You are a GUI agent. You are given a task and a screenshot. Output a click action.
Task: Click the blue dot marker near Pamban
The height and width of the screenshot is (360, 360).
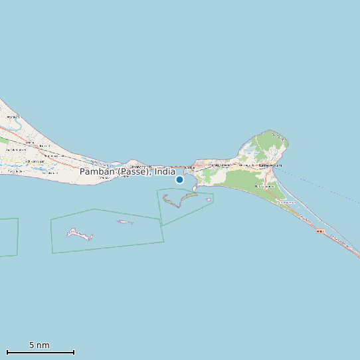point(179,179)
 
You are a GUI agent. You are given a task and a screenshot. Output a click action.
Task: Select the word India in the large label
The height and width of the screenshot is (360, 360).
point(165,171)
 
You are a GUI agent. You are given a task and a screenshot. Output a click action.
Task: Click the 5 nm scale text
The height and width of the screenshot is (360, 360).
point(39,345)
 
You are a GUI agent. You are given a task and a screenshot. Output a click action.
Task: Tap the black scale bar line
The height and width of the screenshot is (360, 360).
point(40,352)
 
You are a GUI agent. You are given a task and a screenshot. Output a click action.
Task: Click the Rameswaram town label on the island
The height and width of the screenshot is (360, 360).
point(270,165)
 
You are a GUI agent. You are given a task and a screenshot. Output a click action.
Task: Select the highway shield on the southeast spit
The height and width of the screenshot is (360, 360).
point(319,231)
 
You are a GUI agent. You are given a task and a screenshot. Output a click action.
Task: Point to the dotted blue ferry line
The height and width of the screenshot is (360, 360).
point(319,186)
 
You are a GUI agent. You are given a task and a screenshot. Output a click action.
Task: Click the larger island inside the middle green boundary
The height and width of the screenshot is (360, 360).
point(79,234)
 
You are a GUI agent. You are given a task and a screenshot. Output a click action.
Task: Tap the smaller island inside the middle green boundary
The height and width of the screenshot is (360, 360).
point(124,222)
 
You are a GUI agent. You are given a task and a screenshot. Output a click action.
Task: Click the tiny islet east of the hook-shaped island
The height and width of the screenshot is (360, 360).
point(209,199)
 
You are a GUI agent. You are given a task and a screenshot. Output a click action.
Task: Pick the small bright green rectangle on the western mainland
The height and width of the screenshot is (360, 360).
point(4,141)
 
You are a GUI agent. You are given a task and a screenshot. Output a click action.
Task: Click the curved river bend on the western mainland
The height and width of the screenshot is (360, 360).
point(13,122)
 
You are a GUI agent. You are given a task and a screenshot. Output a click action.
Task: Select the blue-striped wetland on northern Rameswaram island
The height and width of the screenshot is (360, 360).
point(248,152)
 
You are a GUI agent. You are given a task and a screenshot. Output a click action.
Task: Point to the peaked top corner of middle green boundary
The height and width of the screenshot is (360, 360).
point(95,209)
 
